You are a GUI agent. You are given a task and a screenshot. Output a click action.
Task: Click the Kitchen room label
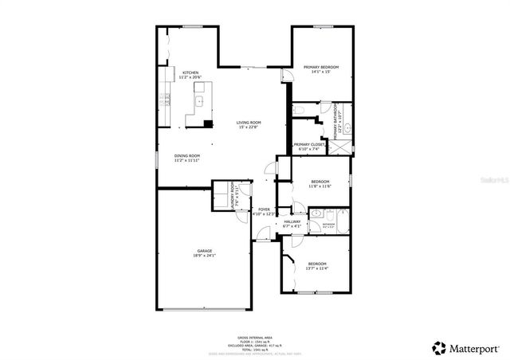(190, 74)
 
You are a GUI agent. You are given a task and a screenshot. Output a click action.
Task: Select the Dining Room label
(186, 157)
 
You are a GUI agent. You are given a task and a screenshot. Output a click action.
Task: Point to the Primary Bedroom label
(321, 68)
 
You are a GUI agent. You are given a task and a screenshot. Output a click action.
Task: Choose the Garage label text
(205, 252)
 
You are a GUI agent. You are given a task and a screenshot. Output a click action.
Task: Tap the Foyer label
(263, 211)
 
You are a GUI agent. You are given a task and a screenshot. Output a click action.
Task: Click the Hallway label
(292, 223)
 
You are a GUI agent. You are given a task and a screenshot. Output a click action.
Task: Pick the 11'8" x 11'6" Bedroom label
(320, 184)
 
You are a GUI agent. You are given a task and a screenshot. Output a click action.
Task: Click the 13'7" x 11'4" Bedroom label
(316, 266)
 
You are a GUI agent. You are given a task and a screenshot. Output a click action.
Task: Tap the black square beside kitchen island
(208, 123)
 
